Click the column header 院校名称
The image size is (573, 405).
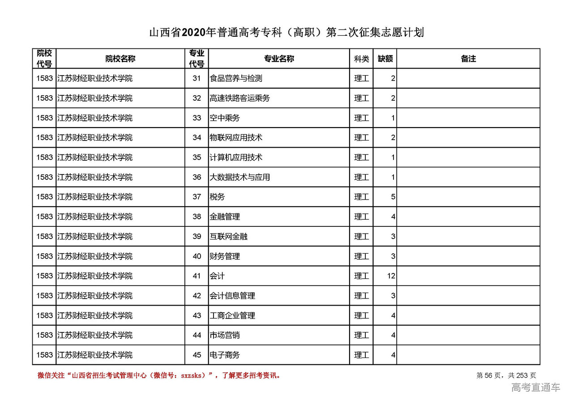tap(120, 59)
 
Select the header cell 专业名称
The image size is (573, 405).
tap(279, 59)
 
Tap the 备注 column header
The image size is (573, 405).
tap(468, 59)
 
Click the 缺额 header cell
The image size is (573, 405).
tap(385, 59)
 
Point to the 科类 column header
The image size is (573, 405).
tap(361, 59)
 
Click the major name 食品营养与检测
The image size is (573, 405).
tap(236, 78)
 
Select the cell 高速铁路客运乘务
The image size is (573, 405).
tap(239, 98)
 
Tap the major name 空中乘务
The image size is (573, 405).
tap(225, 118)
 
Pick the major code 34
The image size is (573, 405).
tap(197, 137)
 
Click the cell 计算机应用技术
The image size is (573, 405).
tap(236, 158)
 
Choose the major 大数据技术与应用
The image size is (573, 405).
tap(239, 177)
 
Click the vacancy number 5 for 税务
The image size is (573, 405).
tap(393, 197)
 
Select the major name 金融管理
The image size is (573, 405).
tap(225, 217)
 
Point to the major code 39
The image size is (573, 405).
tap(197, 236)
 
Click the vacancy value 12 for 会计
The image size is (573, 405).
tap(391, 276)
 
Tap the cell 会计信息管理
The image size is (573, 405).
tap(232, 296)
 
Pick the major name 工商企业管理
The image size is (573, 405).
tap(232, 315)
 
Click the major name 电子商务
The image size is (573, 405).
tap(225, 355)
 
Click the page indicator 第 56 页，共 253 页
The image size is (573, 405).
tap(506, 375)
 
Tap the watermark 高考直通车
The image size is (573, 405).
tap(535, 388)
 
